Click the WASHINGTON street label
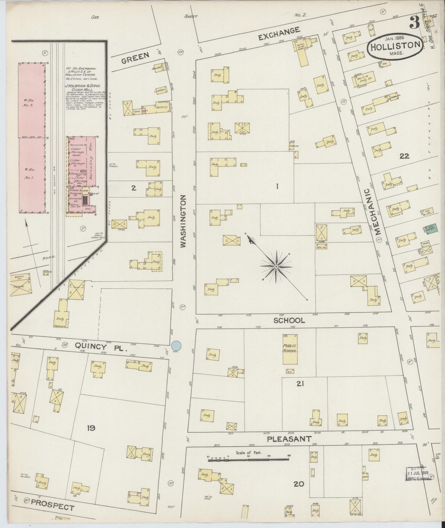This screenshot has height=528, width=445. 184,221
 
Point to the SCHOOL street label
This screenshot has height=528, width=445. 289,320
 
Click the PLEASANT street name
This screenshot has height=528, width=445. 289,439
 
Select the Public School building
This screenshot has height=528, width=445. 290,349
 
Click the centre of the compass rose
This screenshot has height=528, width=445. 277,266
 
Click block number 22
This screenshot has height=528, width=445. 404,156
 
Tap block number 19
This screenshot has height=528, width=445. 91,428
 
